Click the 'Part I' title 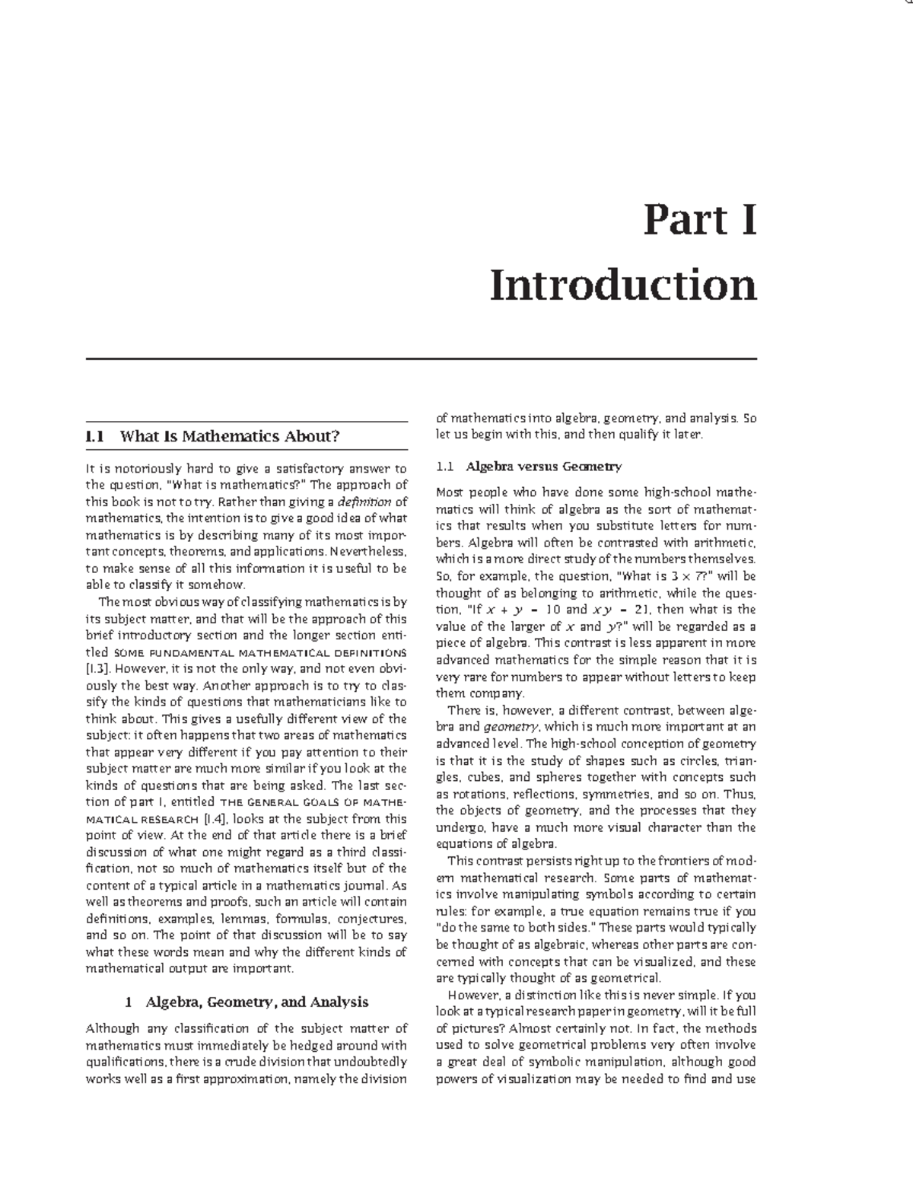point(699,221)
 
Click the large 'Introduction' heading point(623,285)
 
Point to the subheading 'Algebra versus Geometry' point(543,466)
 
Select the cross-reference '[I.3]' point(99,669)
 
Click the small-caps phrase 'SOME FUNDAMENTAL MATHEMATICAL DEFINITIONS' point(259,653)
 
